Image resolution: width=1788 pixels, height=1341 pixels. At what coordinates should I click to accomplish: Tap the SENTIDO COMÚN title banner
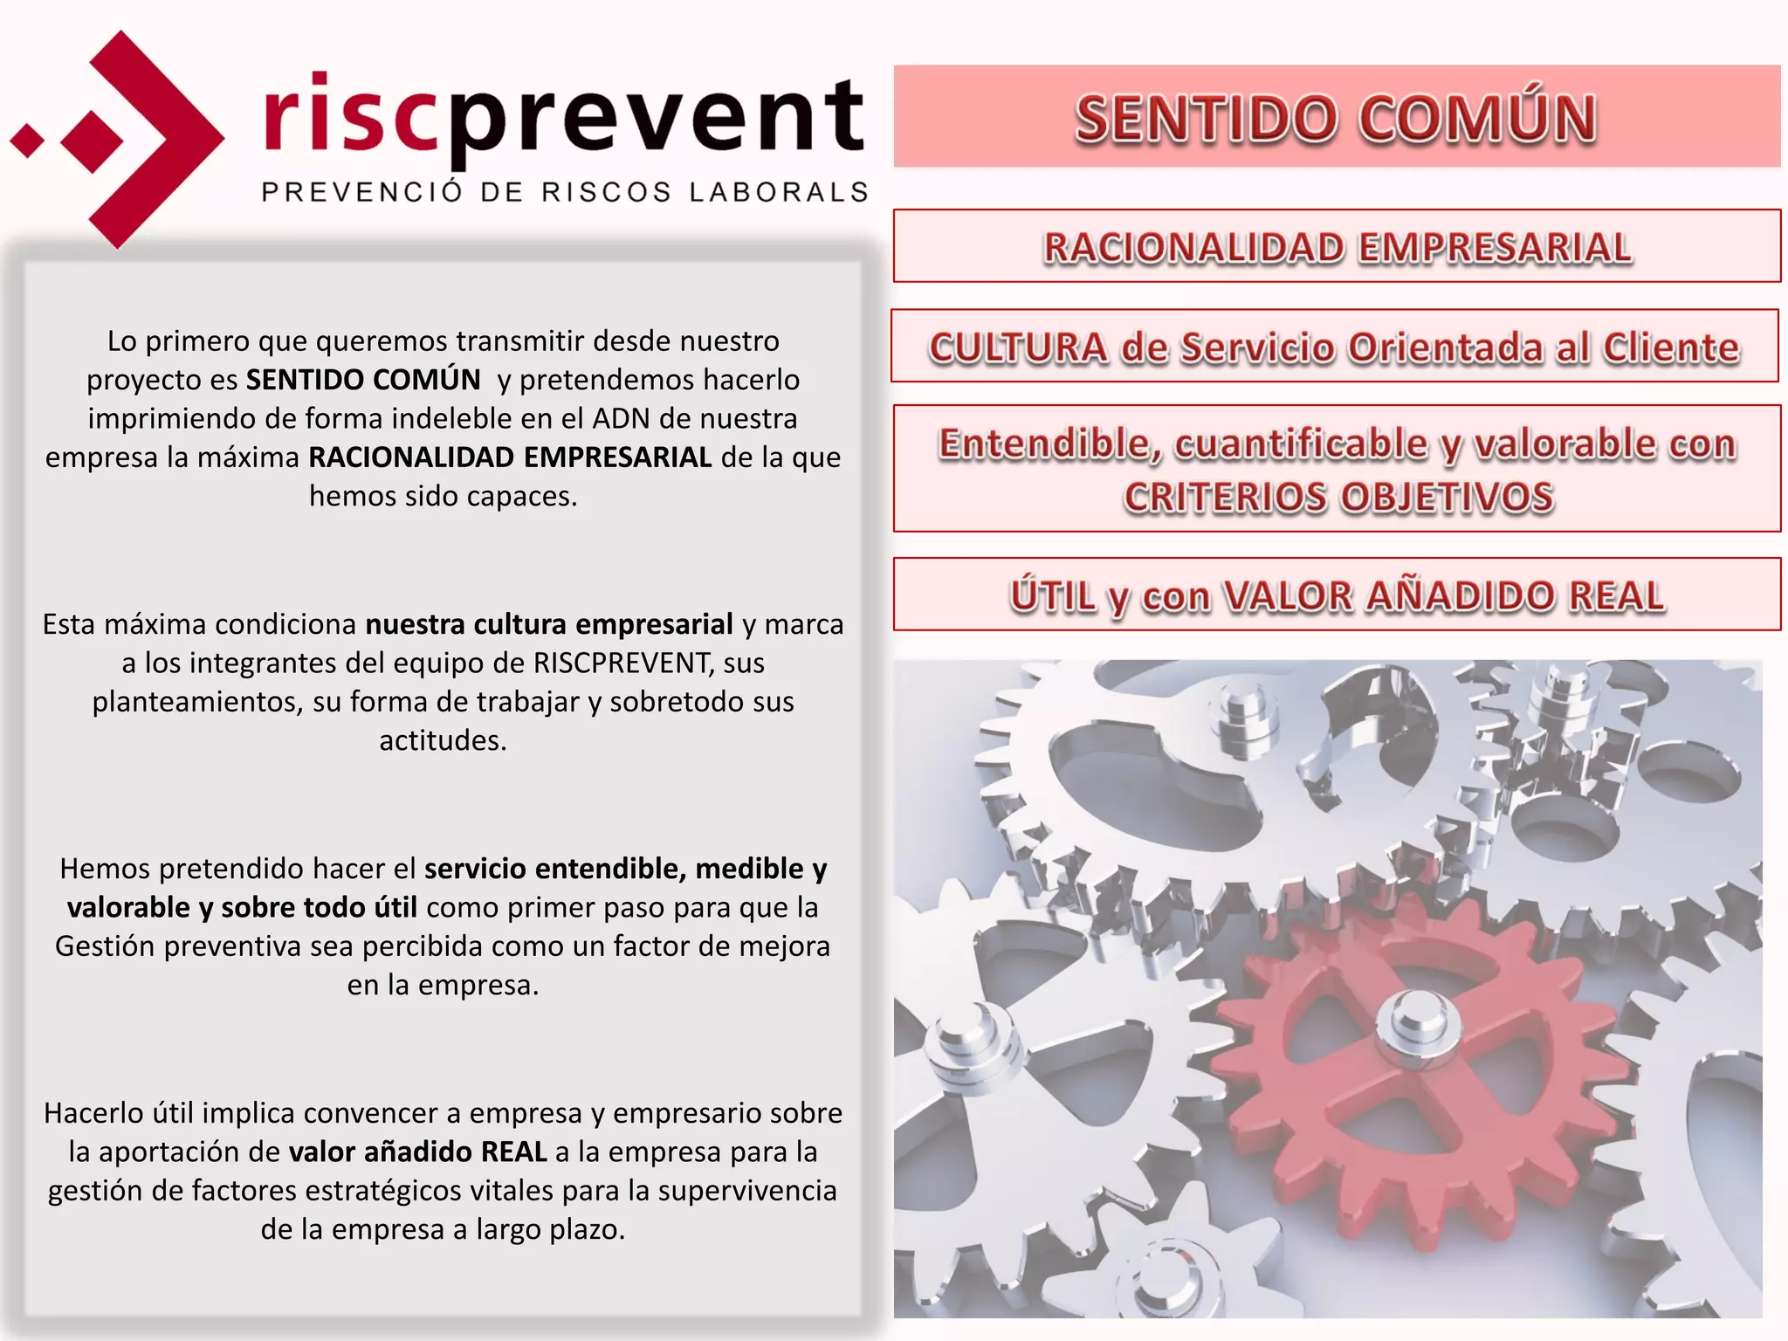pyautogui.click(x=1336, y=117)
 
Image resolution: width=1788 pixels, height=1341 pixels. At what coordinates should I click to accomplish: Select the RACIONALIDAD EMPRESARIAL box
pyautogui.click(x=1336, y=247)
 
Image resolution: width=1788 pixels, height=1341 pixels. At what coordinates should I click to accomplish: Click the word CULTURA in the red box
pyautogui.click(x=1018, y=347)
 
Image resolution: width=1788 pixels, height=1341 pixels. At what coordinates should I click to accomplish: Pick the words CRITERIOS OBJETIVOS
pyautogui.click(x=1338, y=498)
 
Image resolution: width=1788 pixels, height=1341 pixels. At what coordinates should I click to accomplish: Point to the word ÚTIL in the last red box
pyautogui.click(x=1052, y=596)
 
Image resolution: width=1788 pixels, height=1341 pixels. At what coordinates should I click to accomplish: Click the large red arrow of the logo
pyautogui.click(x=157, y=140)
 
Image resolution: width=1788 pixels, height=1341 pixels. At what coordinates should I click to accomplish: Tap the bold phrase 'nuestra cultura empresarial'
pyautogui.click(x=549, y=625)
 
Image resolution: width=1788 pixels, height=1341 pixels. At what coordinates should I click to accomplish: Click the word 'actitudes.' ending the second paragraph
pyautogui.click(x=443, y=740)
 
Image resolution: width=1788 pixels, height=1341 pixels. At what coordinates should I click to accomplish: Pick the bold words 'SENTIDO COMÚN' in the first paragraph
pyautogui.click(x=363, y=380)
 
